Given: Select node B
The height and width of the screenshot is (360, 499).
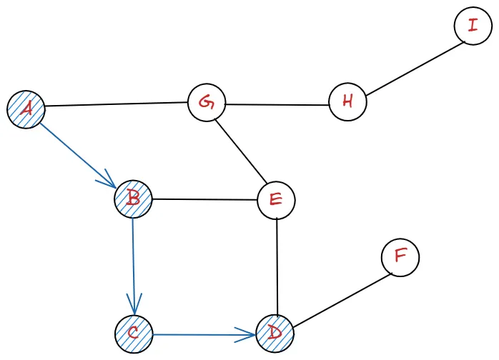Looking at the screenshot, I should [x=133, y=198].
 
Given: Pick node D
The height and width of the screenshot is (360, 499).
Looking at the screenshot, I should [x=275, y=333].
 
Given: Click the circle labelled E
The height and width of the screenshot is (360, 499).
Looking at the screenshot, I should [x=275, y=200].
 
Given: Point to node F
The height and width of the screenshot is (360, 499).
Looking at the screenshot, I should [x=400, y=257].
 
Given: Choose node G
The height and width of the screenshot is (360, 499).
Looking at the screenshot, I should [x=207, y=103].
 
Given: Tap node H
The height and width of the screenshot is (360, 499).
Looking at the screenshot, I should [x=348, y=101].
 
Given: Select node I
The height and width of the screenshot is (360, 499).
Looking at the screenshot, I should [x=473, y=26].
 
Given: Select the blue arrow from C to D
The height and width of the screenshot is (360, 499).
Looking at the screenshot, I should [x=204, y=334].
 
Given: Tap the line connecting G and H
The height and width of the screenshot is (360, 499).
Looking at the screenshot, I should [x=277, y=105].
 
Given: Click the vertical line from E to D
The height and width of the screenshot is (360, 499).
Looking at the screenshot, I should [x=276, y=266].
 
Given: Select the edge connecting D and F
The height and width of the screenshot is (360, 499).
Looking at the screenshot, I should [x=338, y=299].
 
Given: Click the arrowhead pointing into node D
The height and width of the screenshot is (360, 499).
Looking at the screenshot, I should [x=250, y=334].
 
